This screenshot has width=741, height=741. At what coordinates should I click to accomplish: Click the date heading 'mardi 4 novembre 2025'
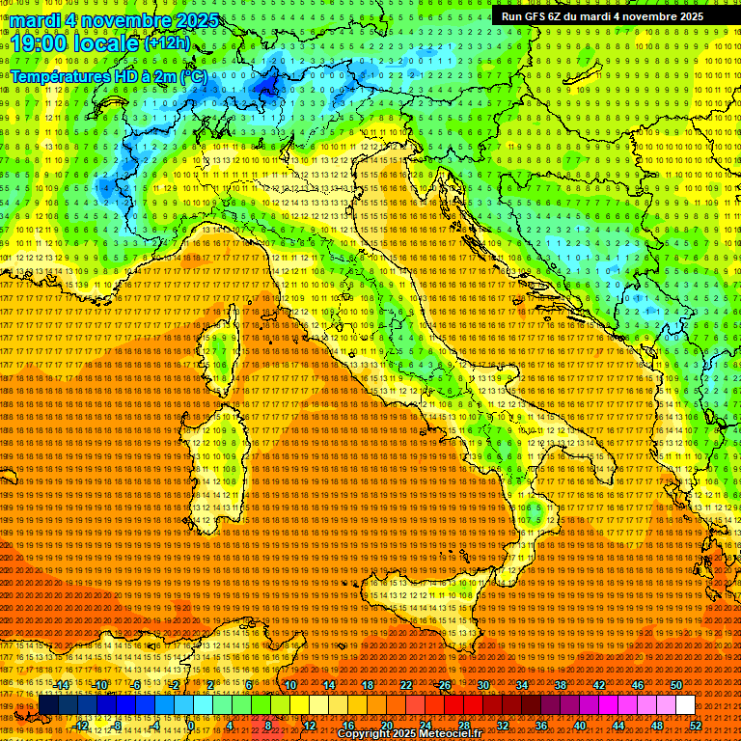[114, 20]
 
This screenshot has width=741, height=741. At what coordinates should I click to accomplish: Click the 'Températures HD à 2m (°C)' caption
[108, 75]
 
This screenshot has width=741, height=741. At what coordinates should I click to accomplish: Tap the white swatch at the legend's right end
[685, 705]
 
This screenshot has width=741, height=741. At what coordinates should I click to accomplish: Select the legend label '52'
[696, 726]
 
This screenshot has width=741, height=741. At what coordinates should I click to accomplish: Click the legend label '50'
[675, 685]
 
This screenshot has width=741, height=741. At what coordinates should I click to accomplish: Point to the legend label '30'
[483, 685]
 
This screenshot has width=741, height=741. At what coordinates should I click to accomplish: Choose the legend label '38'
[561, 685]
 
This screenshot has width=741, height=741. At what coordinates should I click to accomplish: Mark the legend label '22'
[406, 685]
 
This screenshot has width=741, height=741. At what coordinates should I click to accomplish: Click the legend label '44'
[618, 726]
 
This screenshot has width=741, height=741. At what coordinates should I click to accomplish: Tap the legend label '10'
[290, 685]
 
